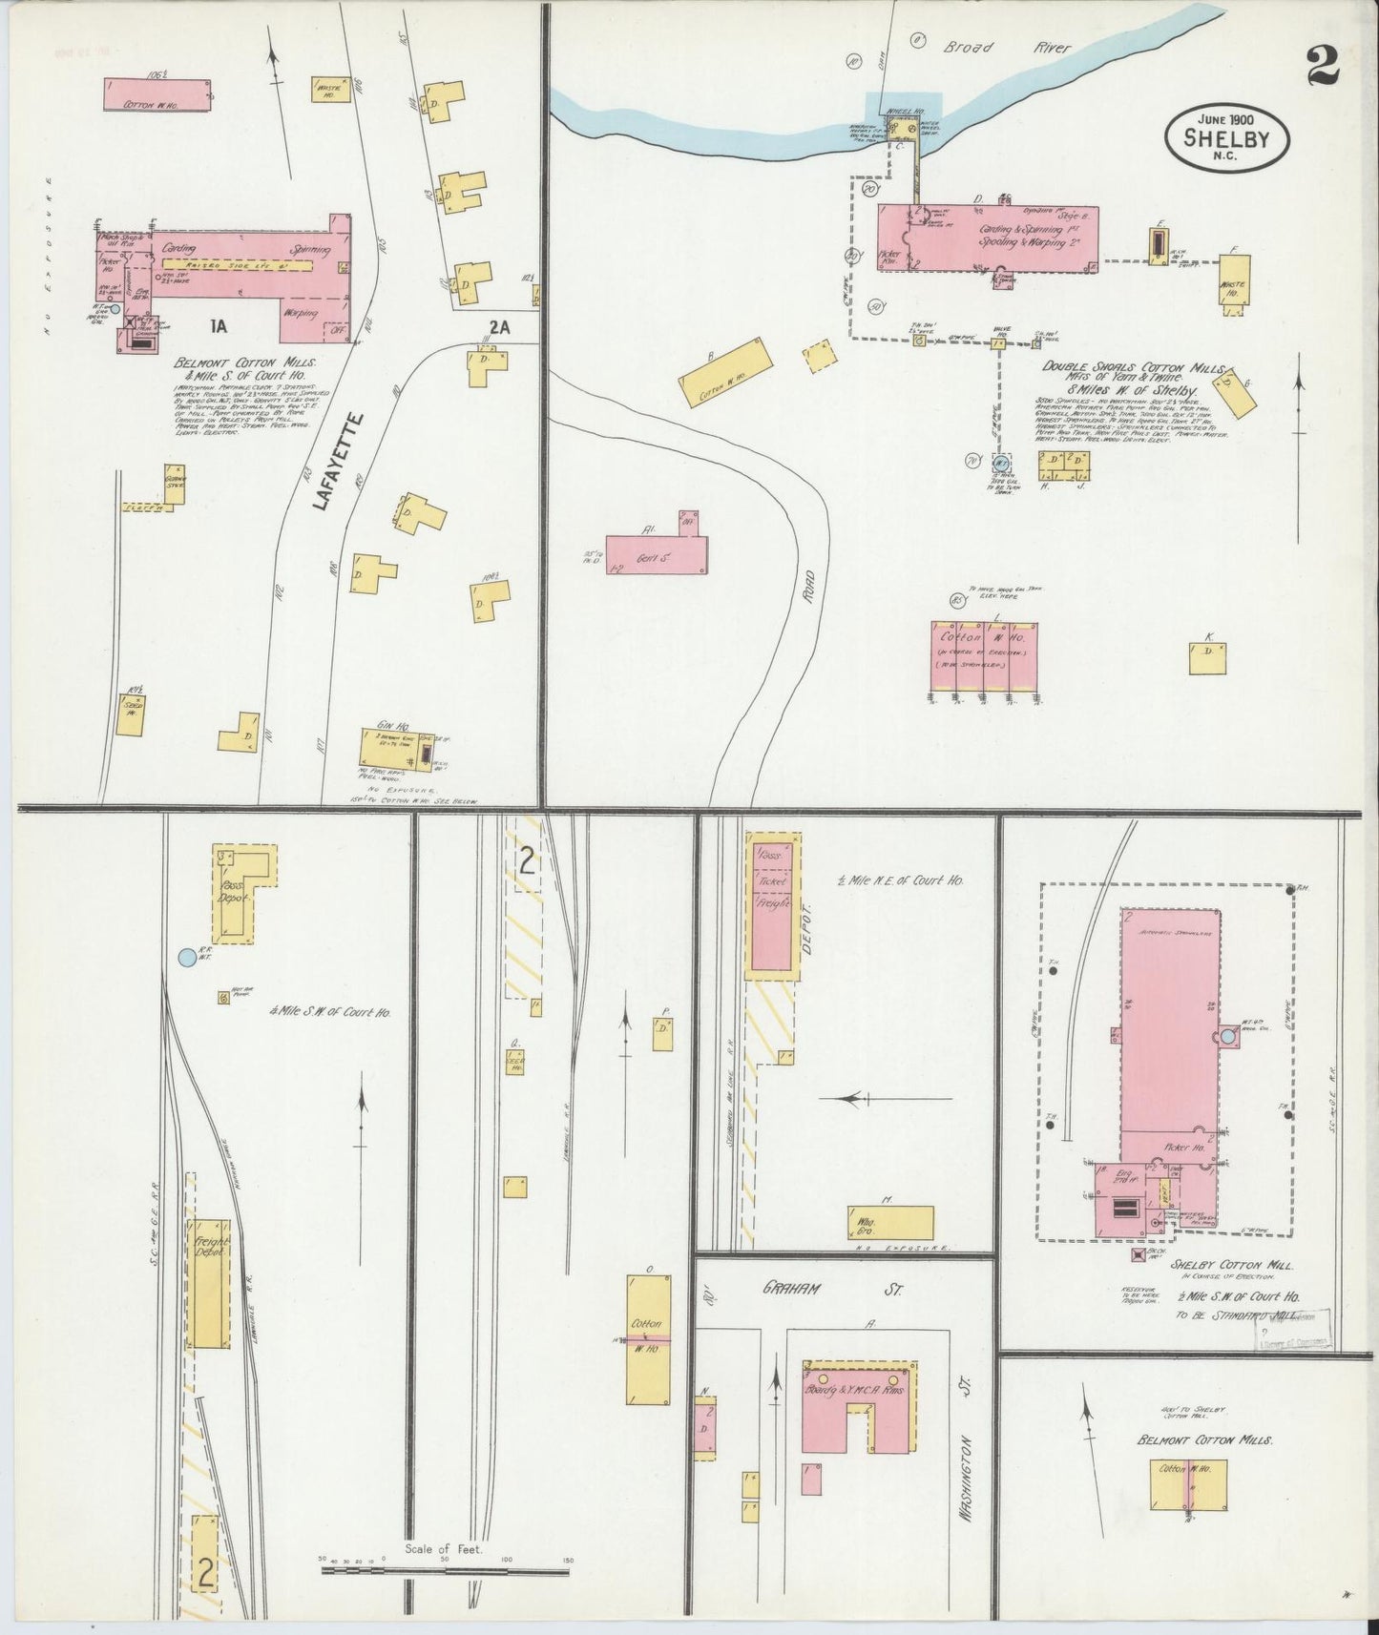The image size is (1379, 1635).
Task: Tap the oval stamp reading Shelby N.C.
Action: (1225, 137)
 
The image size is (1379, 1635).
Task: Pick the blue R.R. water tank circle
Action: (187, 955)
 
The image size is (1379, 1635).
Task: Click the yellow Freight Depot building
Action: (209, 1283)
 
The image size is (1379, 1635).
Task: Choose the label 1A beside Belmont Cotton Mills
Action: (219, 326)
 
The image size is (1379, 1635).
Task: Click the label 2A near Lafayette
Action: (499, 326)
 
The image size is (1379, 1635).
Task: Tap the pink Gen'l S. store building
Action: (658, 554)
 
